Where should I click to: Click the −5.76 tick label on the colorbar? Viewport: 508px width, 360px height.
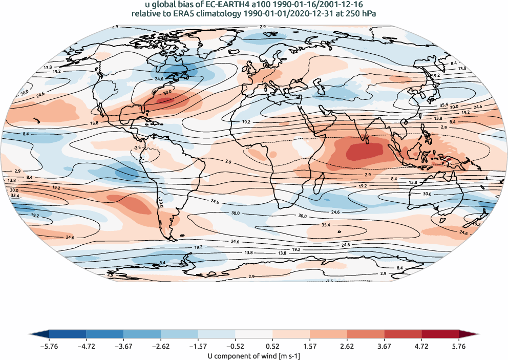coord(49,346)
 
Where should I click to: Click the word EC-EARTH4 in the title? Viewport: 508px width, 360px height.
coord(225,5)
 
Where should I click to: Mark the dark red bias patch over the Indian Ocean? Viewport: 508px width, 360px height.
coord(365,151)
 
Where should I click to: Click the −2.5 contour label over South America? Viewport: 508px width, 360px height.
coord(136,147)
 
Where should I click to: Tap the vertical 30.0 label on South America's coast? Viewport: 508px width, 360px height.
coord(160,203)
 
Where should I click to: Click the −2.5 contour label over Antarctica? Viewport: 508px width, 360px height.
coord(330,281)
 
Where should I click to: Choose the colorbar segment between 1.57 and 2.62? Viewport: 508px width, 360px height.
coord(329,335)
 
